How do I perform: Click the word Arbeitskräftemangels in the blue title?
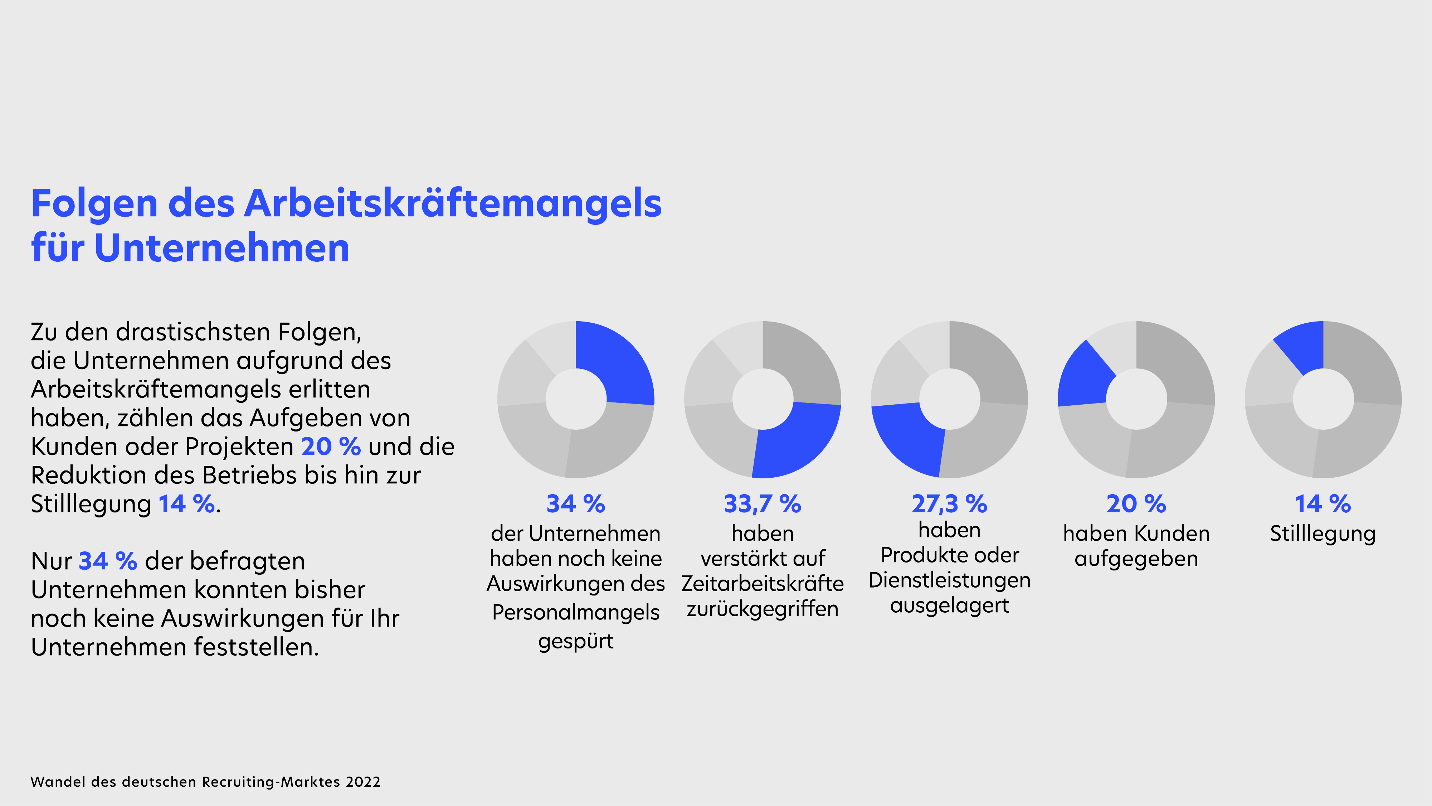[453, 204]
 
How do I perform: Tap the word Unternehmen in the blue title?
[222, 248]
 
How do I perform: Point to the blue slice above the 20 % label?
[1084, 376]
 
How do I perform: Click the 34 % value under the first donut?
[575, 504]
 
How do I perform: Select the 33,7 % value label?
[762, 504]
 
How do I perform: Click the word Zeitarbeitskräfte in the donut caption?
[762, 584]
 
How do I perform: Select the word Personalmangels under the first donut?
[575, 612]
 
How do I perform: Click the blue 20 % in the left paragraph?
[331, 447]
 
